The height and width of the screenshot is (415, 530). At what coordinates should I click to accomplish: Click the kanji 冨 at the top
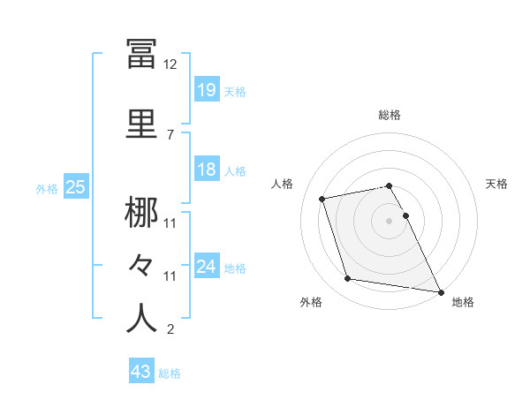click(142, 55)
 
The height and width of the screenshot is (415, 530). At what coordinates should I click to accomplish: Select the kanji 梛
click(142, 213)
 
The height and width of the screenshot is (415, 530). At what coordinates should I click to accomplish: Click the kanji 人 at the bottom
click(142, 319)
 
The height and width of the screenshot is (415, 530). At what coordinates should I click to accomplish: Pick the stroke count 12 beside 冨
click(170, 64)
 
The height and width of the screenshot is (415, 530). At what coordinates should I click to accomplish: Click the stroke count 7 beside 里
click(169, 134)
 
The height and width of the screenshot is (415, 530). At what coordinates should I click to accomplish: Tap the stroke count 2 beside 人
click(170, 330)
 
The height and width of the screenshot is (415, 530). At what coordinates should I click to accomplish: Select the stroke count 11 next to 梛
click(170, 223)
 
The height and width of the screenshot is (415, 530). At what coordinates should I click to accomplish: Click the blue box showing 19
click(207, 89)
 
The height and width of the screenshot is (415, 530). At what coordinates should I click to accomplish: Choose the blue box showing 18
click(207, 170)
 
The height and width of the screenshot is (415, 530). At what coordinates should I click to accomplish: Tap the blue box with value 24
click(207, 267)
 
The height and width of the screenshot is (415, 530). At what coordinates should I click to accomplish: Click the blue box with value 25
click(75, 187)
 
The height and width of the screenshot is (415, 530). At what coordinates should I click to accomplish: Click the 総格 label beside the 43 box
click(170, 373)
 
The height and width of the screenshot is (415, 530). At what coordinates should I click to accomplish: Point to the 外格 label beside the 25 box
click(47, 189)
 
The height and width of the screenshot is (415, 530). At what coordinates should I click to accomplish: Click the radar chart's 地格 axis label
click(463, 302)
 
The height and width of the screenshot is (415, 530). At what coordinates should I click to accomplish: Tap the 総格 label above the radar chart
click(390, 115)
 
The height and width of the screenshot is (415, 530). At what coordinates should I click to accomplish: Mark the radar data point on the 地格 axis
click(440, 291)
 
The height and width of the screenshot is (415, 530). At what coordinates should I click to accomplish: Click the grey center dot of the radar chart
click(390, 220)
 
